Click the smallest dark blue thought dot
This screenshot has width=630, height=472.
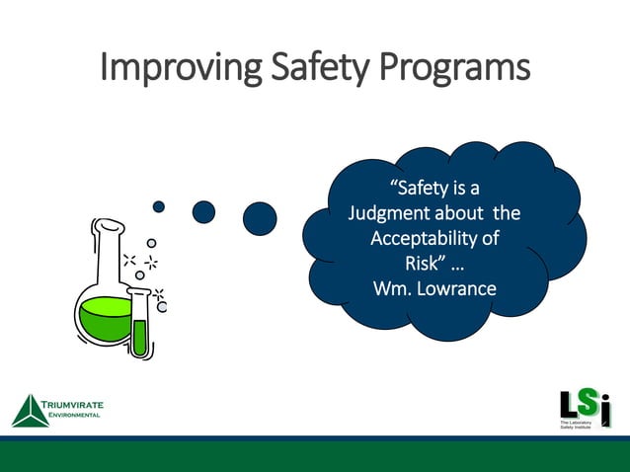159,206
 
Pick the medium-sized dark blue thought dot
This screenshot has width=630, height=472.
203,211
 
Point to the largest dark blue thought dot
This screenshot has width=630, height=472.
260,218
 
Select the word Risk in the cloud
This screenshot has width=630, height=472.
421,264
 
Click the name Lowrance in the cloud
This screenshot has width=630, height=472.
456,288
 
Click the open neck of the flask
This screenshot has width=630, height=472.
109,227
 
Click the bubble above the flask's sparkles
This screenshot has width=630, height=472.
151,242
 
